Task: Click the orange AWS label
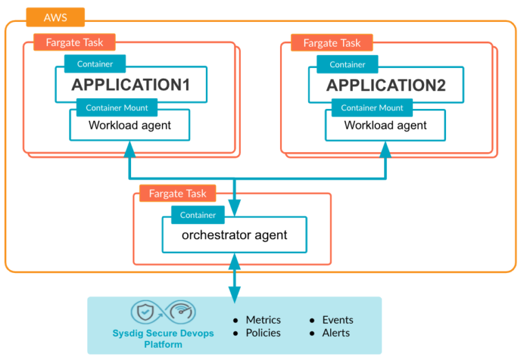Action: [x=55, y=17]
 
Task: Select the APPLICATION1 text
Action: [x=130, y=86]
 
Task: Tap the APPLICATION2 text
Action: [x=386, y=86]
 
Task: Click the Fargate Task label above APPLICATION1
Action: [x=74, y=43]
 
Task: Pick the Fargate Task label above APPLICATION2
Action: [x=331, y=43]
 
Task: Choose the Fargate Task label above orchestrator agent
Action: [x=177, y=194]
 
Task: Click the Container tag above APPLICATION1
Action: [x=96, y=64]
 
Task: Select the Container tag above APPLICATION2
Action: [x=348, y=64]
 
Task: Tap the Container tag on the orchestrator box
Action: [x=198, y=215]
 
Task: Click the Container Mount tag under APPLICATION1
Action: [x=117, y=108]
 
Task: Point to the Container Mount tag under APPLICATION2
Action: [x=372, y=108]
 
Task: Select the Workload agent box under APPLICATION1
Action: [x=130, y=126]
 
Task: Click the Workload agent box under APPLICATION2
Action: [x=385, y=126]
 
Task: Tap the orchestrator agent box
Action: [x=234, y=236]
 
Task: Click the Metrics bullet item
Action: [x=263, y=320]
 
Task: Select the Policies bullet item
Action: [x=263, y=333]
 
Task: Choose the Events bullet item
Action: [x=337, y=320]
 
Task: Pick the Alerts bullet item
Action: [x=336, y=333]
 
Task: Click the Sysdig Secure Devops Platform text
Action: [x=163, y=339]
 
